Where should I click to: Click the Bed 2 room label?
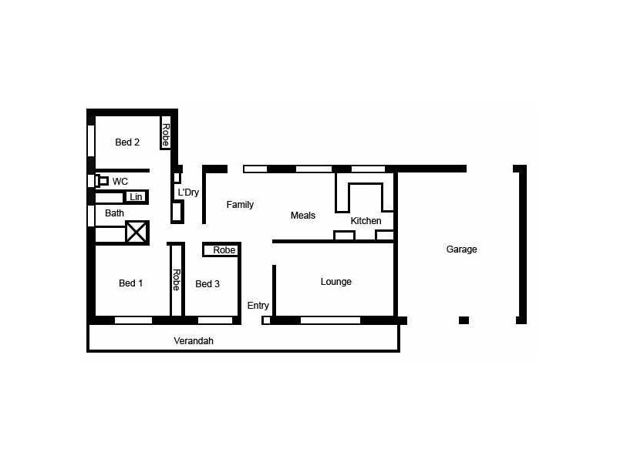(127, 142)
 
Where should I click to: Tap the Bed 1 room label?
(130, 283)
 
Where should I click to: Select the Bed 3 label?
(207, 284)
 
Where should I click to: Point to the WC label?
(120, 181)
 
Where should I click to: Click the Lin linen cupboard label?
(136, 197)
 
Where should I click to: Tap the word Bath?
(114, 213)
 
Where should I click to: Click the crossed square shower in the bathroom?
(137, 232)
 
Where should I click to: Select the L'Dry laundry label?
(188, 192)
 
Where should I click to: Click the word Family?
(240, 205)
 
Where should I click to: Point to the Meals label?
(303, 216)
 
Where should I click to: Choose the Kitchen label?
(366, 221)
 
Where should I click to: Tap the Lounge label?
(336, 282)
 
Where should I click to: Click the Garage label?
(461, 249)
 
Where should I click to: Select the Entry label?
(258, 306)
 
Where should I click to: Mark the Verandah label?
(194, 340)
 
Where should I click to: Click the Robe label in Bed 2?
(165, 134)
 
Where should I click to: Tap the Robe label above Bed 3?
(224, 250)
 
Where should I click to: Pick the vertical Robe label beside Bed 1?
(176, 280)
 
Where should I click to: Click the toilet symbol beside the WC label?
(101, 181)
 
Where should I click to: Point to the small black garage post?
(464, 320)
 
